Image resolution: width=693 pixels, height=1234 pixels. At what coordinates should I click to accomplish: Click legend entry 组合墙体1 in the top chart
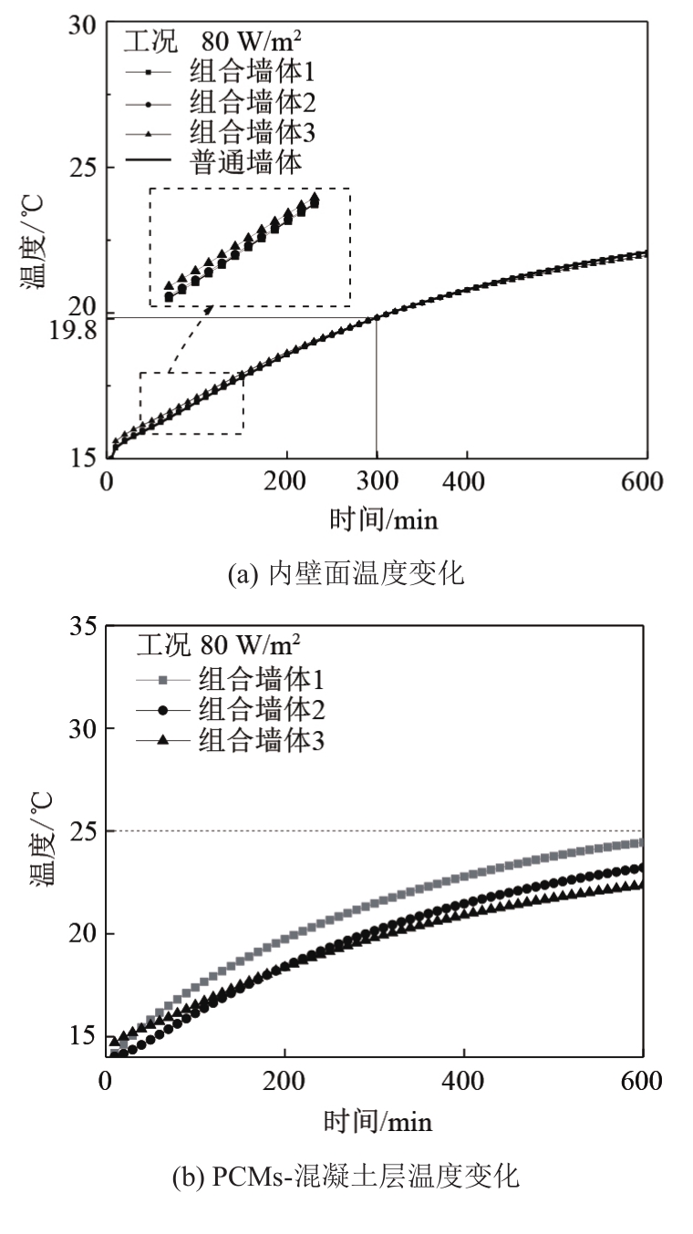tap(245, 70)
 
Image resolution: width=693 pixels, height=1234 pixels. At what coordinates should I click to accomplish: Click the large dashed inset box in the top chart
tap(249, 246)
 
